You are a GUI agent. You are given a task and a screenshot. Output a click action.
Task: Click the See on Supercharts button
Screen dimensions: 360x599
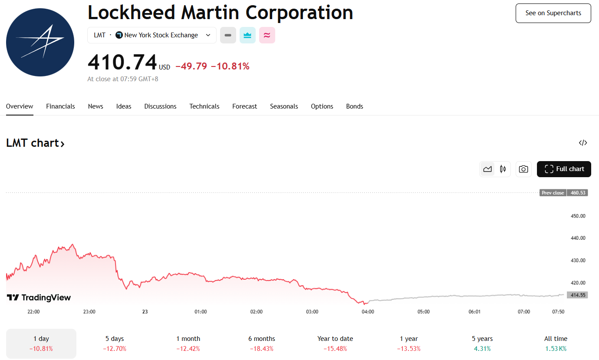[553, 13]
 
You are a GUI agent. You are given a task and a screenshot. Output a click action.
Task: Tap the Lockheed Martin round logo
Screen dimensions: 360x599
[40, 42]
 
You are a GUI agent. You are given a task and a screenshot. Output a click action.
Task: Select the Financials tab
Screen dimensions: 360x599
[60, 106]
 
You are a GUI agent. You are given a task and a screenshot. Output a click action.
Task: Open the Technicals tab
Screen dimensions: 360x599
[204, 106]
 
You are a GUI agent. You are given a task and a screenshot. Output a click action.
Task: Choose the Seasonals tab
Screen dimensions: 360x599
[284, 106]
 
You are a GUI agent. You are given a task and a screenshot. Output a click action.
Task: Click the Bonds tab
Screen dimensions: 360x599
[354, 106]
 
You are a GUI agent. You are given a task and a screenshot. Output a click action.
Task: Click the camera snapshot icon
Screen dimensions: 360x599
[523, 169]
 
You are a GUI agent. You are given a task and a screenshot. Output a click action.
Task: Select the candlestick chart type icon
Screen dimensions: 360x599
[503, 169]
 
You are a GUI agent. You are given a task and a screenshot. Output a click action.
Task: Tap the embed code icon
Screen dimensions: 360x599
[583, 143]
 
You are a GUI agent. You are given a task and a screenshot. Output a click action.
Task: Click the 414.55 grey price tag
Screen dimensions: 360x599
[578, 295]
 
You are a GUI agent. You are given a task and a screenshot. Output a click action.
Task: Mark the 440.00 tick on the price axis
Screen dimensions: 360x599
[578, 238]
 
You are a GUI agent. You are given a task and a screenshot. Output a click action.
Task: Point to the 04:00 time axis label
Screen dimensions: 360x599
[368, 312]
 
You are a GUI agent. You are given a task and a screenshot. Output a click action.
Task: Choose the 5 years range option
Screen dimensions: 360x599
[482, 343]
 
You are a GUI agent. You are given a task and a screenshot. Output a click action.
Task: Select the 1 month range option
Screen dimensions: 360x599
[188, 343]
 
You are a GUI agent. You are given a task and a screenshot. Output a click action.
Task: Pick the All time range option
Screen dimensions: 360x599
[556, 343]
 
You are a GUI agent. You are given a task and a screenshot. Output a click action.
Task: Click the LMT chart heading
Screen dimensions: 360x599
[35, 143]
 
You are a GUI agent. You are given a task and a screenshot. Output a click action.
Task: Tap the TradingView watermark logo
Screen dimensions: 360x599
[39, 297]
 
